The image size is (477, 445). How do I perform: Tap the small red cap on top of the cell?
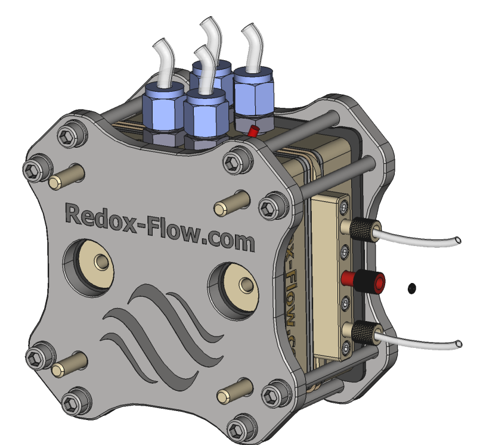click(253, 131)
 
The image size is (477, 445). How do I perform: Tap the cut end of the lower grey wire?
click(459, 344)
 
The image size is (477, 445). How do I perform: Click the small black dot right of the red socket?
click(411, 288)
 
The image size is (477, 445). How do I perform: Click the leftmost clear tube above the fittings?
click(163, 62)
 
